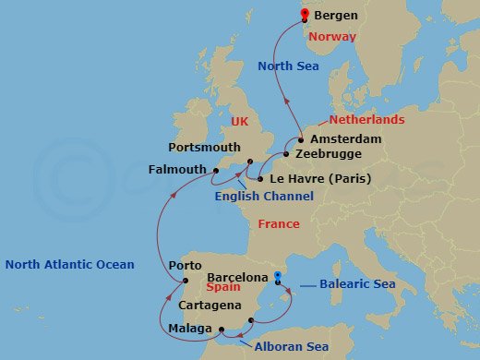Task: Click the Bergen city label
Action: click(x=336, y=17)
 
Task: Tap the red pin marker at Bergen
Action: click(x=305, y=11)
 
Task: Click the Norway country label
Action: click(x=332, y=37)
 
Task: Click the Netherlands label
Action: click(x=368, y=120)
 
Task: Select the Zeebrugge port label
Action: click(x=330, y=155)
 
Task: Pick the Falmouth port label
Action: click(x=177, y=170)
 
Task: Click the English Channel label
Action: click(x=264, y=197)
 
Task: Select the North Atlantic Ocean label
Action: click(x=70, y=264)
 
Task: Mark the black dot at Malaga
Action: click(x=222, y=329)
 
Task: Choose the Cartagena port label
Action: click(x=211, y=306)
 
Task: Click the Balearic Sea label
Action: click(x=358, y=283)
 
